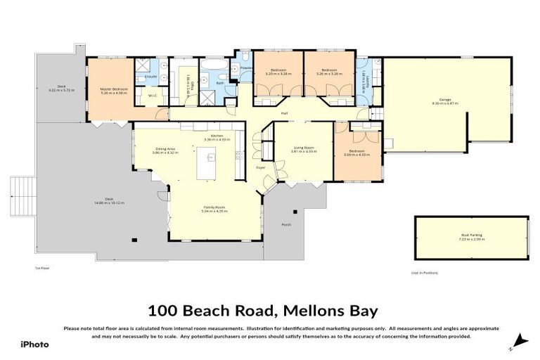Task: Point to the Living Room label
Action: (304, 148)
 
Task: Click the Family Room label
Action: (214, 209)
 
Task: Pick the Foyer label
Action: (260, 168)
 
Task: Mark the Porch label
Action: (286, 225)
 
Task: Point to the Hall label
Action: (285, 113)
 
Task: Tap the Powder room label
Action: (246, 67)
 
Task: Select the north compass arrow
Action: (519, 342)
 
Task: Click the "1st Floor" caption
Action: (42, 268)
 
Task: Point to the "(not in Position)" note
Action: (424, 272)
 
